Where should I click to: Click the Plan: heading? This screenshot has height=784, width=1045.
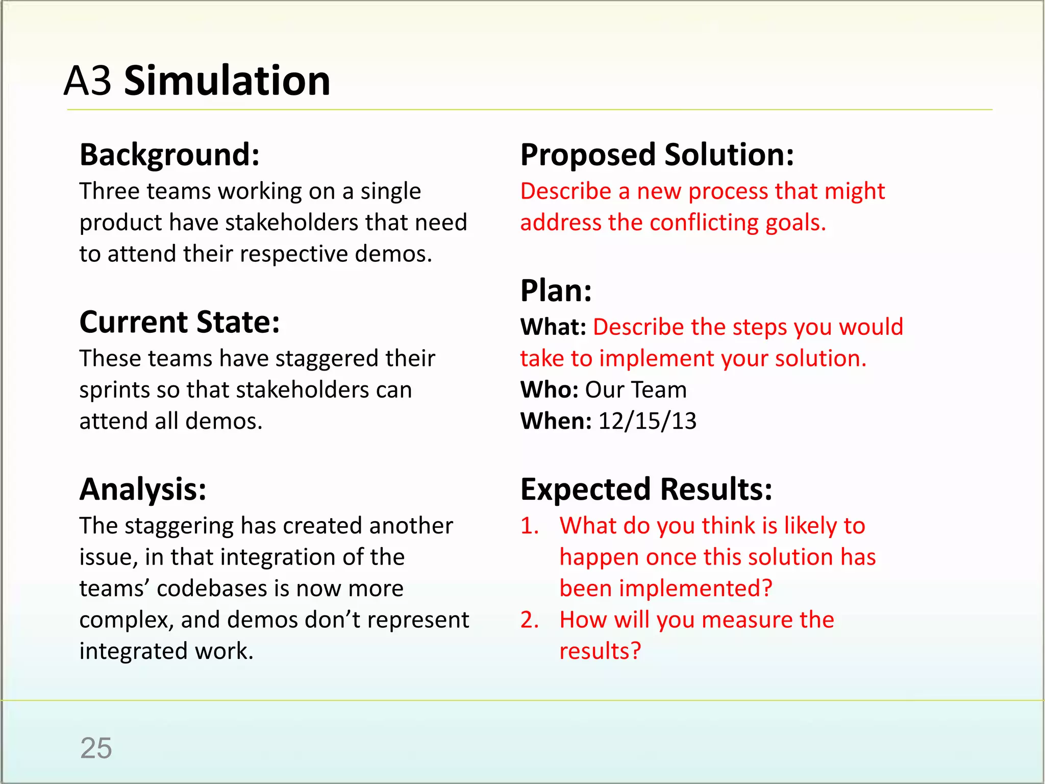556,291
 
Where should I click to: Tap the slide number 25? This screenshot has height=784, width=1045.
96,748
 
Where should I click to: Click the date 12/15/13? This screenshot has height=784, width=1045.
647,421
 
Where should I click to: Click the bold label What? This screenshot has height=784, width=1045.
553,327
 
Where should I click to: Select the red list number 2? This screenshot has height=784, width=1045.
529,620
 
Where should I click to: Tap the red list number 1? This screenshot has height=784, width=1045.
529,526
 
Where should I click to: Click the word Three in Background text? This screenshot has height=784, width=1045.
109,191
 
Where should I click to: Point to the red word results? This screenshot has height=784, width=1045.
600,651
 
